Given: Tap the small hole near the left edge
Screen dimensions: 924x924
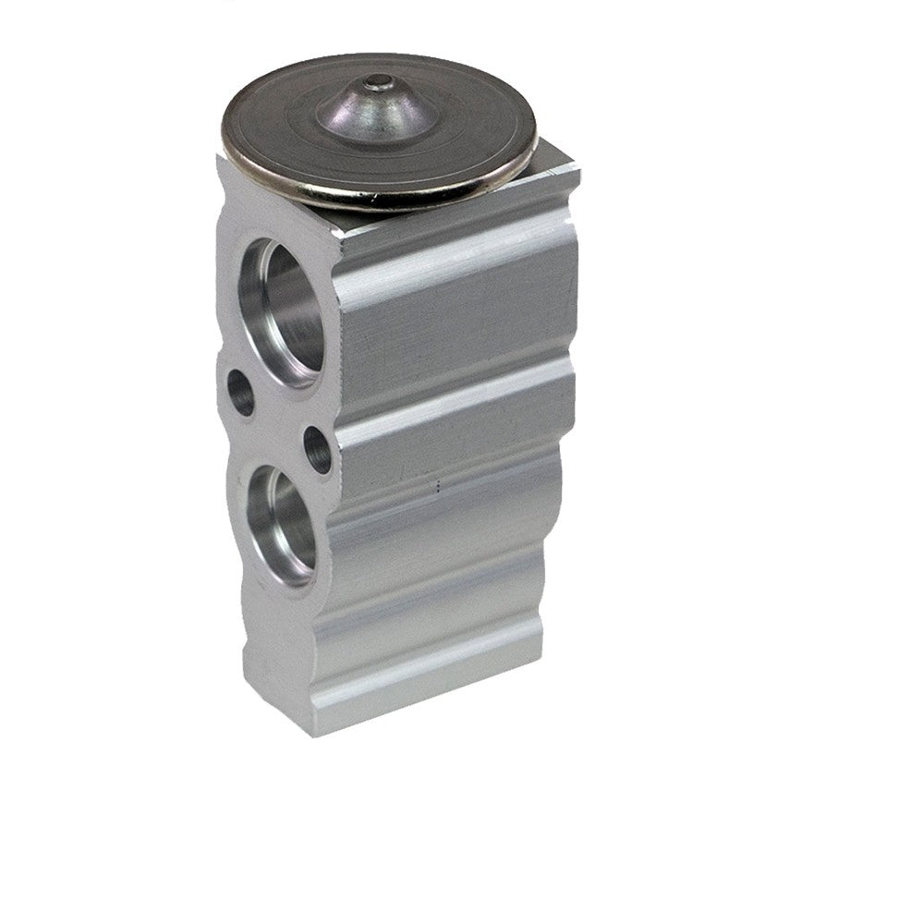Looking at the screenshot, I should [x=239, y=393].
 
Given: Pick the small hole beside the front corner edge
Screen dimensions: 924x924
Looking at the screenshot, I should [x=317, y=450].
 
